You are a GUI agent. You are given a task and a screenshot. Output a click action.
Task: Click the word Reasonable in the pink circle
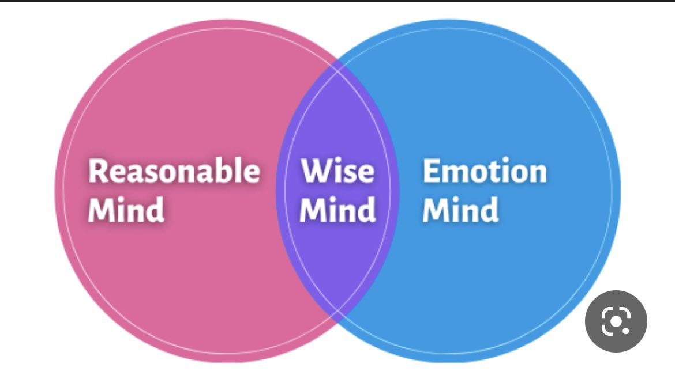[x=174, y=172]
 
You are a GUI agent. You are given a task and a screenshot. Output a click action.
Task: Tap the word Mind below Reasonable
[x=126, y=210]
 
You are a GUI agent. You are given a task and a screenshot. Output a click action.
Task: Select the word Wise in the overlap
[x=337, y=172]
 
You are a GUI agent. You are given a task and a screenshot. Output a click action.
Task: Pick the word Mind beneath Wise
[x=337, y=210]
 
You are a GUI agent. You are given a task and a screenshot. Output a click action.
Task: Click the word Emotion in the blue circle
[x=485, y=172]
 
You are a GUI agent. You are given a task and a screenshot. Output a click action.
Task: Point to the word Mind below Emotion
[x=460, y=210]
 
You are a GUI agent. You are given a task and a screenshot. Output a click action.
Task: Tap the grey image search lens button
[x=616, y=321]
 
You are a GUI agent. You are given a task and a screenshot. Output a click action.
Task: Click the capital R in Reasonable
[x=99, y=172]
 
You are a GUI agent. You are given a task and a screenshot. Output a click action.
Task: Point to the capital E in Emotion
[x=432, y=172]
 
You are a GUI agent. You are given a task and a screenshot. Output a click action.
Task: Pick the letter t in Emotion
[x=497, y=172]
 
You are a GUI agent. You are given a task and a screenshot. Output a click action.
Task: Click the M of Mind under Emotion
[x=437, y=210]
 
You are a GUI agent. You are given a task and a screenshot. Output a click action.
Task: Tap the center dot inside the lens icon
[x=616, y=321]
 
